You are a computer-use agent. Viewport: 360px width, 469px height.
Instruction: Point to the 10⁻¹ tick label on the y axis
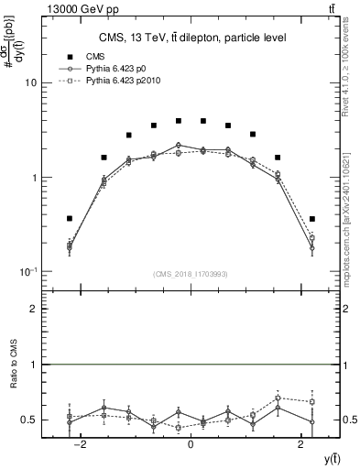coord(27,272)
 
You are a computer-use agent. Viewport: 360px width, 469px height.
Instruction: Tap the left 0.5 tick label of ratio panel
coord(30,420)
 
